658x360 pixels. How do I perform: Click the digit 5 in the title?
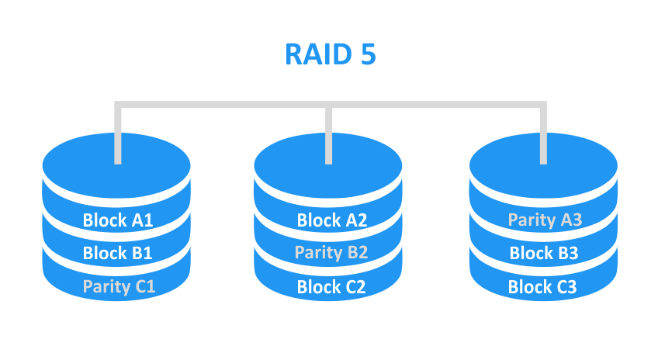(366, 55)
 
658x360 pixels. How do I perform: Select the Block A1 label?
(117, 220)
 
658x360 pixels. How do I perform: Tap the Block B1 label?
(117, 253)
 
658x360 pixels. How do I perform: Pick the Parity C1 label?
(119, 286)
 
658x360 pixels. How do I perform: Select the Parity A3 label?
(545, 220)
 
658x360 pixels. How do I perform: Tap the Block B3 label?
(544, 253)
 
